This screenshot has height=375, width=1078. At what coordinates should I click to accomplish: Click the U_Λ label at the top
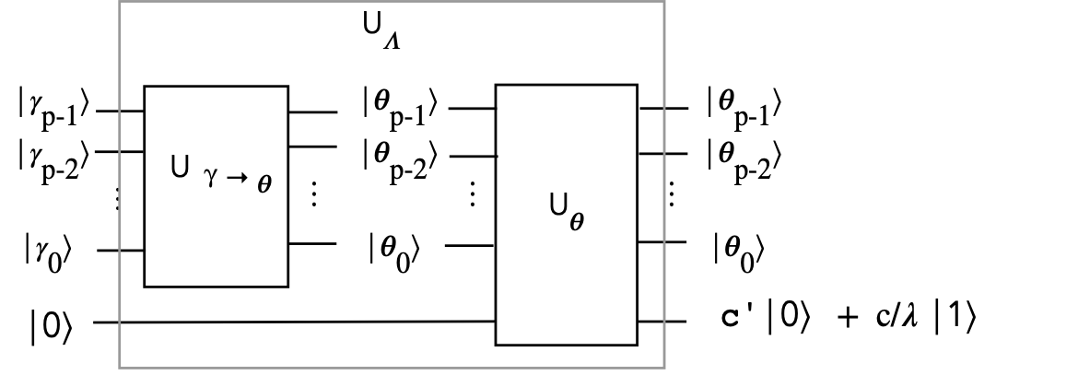coord(381,31)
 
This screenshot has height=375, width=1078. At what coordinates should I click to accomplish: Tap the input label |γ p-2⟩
coord(53,158)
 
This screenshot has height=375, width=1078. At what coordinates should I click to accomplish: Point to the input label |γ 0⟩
coord(48,252)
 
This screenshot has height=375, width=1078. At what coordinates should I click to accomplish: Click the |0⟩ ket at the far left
coord(51,325)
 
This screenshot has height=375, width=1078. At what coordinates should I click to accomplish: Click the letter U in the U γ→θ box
coord(180,167)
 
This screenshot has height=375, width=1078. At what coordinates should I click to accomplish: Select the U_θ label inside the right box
coord(568,212)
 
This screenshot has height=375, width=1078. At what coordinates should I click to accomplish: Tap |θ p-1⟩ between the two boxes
coord(400,108)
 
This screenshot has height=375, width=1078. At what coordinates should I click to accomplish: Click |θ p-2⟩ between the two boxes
coord(400,158)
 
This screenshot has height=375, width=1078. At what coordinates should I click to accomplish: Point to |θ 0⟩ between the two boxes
coord(394,252)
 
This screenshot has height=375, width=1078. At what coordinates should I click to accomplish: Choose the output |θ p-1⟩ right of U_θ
coord(744,108)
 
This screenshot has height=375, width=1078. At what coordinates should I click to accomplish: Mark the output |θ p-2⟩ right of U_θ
coord(744,158)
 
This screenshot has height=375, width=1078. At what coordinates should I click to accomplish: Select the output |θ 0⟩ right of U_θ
coord(738,252)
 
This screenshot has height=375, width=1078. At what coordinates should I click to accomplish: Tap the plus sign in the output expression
coord(849,321)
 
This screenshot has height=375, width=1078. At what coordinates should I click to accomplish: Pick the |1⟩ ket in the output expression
coord(955,320)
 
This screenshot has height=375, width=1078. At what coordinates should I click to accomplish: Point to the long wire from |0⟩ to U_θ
coord(294,322)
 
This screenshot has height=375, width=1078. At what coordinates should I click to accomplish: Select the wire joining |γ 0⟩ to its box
coord(121,251)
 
